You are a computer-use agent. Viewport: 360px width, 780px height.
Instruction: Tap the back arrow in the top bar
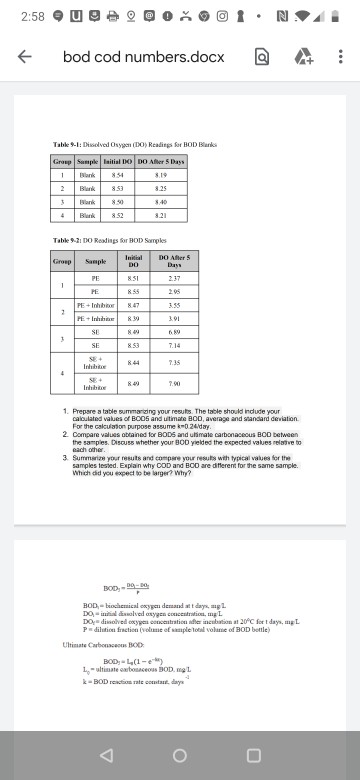[x=22, y=58]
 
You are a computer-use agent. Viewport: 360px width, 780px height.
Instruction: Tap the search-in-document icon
[x=259, y=58]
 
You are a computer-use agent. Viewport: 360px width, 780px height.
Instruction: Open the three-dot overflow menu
[x=340, y=58]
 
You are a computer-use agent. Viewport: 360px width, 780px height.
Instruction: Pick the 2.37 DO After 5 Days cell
[x=172, y=279]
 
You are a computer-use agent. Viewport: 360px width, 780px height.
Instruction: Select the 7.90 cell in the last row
[x=172, y=384]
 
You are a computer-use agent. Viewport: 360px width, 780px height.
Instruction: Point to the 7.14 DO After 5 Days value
[x=172, y=347]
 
